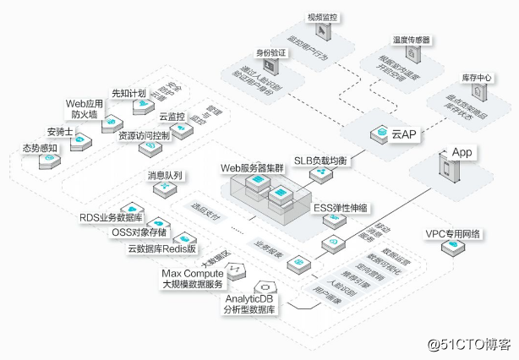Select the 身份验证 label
click(260, 52)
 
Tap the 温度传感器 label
click(411, 40)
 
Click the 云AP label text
click(402, 134)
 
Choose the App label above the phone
click(462, 152)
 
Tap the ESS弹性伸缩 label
click(341, 208)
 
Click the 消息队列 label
click(165, 176)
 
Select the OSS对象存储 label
click(139, 233)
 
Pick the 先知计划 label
click(128, 91)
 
